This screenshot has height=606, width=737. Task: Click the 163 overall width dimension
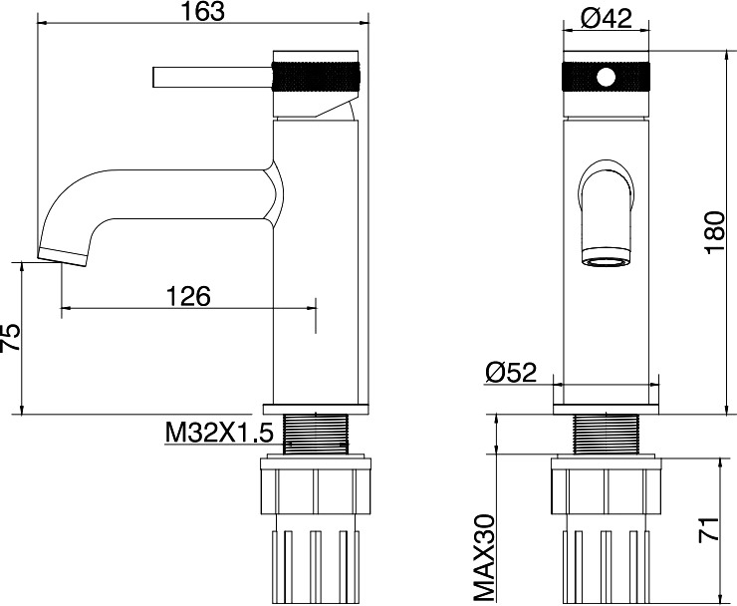(x=203, y=11)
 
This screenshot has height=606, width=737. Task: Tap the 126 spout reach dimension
(x=189, y=296)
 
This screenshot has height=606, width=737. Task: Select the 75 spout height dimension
(x=10, y=337)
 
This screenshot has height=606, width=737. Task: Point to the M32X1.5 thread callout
(x=219, y=433)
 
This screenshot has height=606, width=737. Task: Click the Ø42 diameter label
(x=607, y=19)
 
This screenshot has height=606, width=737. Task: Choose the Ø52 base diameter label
(x=511, y=373)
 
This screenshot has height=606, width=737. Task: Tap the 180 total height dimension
(x=715, y=233)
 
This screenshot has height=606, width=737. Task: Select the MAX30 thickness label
(x=484, y=558)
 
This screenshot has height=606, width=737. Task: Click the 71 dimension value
(x=709, y=529)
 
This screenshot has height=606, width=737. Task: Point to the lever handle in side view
(x=212, y=77)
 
